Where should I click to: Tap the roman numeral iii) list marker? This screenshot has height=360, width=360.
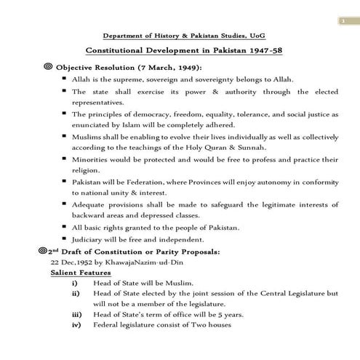(x=76, y=314)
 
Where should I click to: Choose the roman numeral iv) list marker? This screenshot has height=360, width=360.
(x=76, y=324)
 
